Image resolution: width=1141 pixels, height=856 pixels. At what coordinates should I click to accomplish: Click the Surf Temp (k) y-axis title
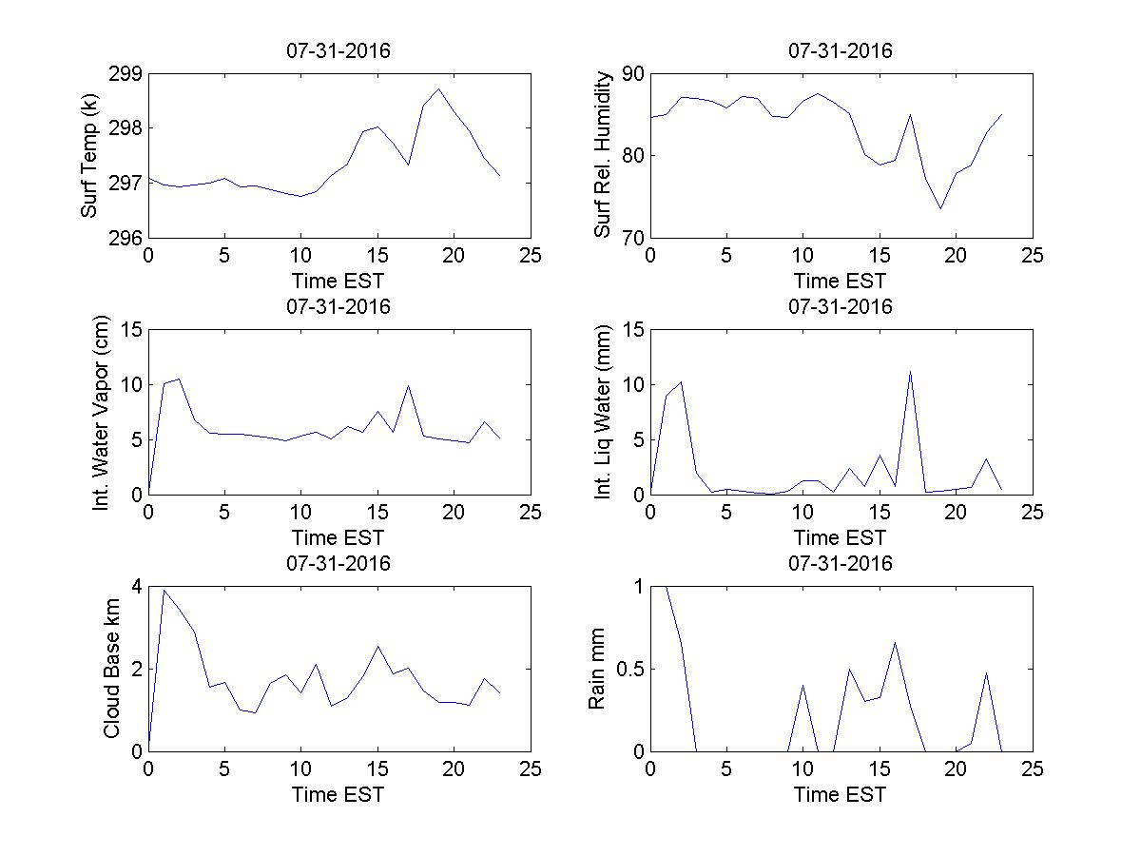click(x=89, y=155)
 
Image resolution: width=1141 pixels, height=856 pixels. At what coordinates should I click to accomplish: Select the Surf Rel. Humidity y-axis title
click(x=602, y=155)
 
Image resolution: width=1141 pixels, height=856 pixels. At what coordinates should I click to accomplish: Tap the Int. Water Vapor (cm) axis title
click(x=101, y=412)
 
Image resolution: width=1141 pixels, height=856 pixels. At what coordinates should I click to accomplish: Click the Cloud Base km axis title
click(x=111, y=669)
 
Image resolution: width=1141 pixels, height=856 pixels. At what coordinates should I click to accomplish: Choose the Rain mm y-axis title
click(x=596, y=669)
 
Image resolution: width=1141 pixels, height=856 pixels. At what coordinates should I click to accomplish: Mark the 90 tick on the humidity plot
click(x=632, y=74)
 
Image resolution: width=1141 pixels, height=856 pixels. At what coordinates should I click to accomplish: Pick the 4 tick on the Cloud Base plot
click(x=137, y=587)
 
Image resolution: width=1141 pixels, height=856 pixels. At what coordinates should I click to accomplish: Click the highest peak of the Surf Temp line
click(x=438, y=89)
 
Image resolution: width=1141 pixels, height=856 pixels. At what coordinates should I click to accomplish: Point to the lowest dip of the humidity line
click(x=940, y=208)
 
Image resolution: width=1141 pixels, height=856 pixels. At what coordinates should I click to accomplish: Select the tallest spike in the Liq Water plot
click(x=910, y=371)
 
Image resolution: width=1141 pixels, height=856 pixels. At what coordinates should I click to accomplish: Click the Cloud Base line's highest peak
click(x=164, y=590)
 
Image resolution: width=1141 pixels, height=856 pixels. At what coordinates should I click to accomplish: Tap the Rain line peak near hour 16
click(x=895, y=642)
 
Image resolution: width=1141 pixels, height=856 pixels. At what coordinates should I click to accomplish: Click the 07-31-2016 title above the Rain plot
click(x=841, y=563)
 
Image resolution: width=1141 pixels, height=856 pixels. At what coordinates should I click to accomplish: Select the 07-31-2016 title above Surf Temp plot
click(x=338, y=50)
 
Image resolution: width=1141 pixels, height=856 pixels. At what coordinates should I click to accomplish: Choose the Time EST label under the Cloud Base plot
click(x=338, y=794)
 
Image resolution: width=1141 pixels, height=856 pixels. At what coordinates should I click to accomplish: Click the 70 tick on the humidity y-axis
click(x=632, y=238)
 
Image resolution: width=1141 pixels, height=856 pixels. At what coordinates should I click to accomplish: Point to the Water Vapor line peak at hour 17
click(x=408, y=385)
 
